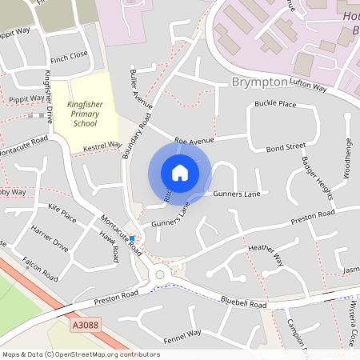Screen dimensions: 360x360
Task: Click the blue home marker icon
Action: pos(180,173)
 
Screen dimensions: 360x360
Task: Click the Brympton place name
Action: pos(258,83)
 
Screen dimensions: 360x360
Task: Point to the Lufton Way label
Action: pos(310,86)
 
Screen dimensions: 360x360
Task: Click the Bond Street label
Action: pos(286,147)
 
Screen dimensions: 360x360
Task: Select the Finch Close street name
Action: pos(69,56)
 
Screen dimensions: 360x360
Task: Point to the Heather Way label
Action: pos(266,254)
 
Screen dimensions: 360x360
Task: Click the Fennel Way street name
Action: pos(183,334)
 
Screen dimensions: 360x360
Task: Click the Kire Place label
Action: pos(62,214)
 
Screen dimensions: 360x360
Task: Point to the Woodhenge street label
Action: pos(347,157)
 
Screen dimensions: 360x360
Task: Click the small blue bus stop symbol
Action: pos(132,238)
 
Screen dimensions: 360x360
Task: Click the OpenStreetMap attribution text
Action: pos(80,354)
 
